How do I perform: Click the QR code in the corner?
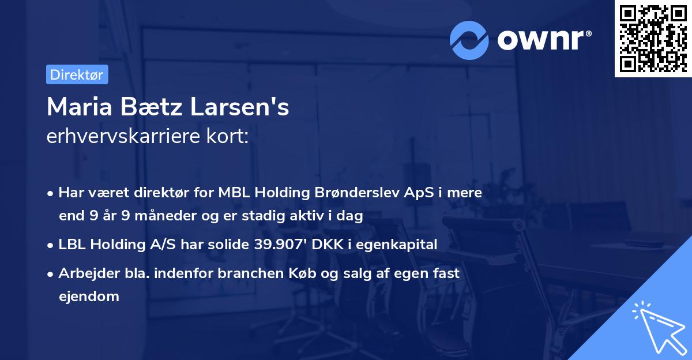tap(653, 38)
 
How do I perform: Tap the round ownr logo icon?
tap(469, 40)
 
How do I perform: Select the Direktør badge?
tap(77, 74)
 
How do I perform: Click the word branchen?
tap(252, 273)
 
